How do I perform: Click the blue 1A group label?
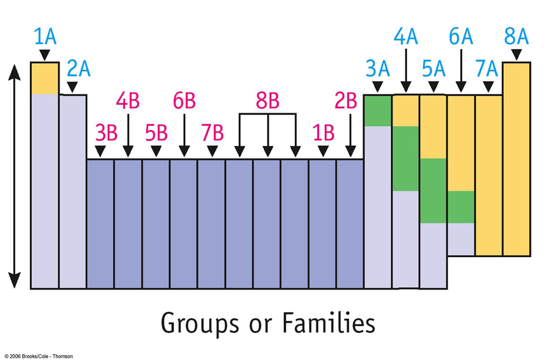click(45, 37)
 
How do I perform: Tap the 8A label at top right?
click(517, 37)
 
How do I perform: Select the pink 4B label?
click(128, 102)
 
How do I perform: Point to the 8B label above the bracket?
click(267, 102)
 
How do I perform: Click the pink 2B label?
click(346, 102)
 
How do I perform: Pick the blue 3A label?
click(377, 69)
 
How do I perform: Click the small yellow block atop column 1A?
click(44, 78)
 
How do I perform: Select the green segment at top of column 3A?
click(378, 111)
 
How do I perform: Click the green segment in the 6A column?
click(461, 207)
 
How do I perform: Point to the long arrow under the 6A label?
click(461, 69)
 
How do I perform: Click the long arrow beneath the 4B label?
click(128, 133)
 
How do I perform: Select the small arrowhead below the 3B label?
click(100, 151)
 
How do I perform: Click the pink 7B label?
click(212, 134)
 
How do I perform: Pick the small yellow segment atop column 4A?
click(405, 111)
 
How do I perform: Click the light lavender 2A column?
click(73, 192)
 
